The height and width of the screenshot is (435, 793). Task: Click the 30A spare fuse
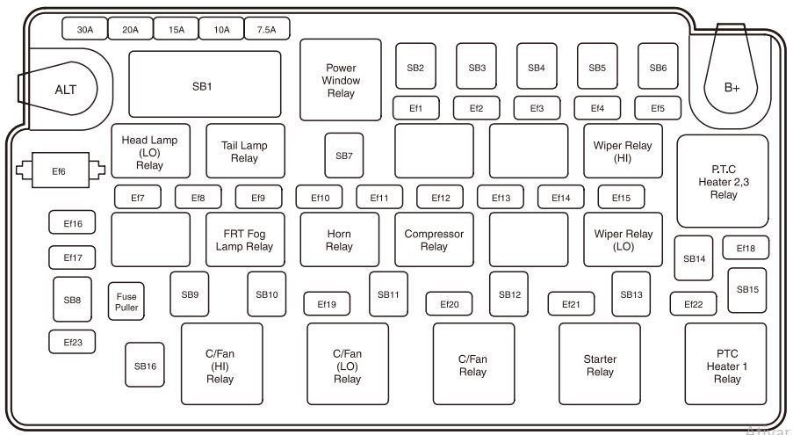pyautogui.click(x=84, y=29)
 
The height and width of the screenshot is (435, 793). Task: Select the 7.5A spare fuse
pyautogui.click(x=266, y=29)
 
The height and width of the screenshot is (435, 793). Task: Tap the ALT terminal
pyautogui.click(x=65, y=90)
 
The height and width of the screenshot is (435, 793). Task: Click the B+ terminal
pyautogui.click(x=732, y=87)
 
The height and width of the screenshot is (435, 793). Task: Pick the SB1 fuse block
pyautogui.click(x=205, y=85)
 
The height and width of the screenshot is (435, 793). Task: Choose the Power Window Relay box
pyautogui.click(x=341, y=80)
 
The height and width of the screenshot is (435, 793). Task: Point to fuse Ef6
pyautogui.click(x=58, y=170)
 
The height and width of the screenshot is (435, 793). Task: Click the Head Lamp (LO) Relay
pyautogui.click(x=150, y=151)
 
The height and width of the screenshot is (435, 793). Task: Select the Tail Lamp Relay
pyautogui.click(x=245, y=151)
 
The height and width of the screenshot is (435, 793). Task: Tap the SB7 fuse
pyautogui.click(x=343, y=156)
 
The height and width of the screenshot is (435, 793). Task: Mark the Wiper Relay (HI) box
pyautogui.click(x=623, y=151)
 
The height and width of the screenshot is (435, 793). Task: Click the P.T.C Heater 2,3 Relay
pyautogui.click(x=723, y=181)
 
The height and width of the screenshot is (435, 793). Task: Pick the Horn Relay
pyautogui.click(x=340, y=239)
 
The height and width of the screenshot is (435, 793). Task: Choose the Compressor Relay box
pyautogui.click(x=434, y=239)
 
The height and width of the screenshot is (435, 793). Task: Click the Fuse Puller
pyautogui.click(x=126, y=301)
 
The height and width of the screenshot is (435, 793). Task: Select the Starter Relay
pyautogui.click(x=600, y=365)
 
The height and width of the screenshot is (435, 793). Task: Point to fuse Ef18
pyautogui.click(x=746, y=248)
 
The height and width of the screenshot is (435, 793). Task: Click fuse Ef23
pyautogui.click(x=72, y=342)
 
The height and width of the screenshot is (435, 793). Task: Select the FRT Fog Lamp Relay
pyautogui.click(x=245, y=239)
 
